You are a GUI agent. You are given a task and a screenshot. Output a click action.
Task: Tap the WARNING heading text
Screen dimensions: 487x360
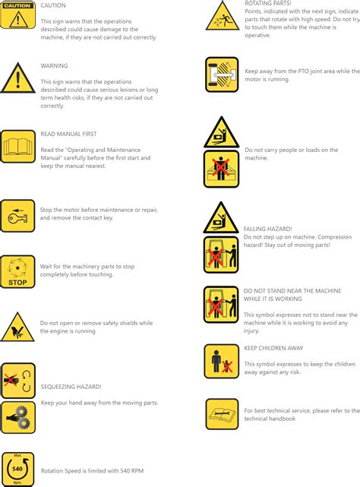tap(54, 66)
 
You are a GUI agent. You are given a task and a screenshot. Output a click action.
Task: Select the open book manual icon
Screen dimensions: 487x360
tap(17, 146)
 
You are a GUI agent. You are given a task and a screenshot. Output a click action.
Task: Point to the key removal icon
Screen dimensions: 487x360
tap(17, 216)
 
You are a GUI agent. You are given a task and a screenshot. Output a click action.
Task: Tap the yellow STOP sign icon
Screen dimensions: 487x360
tap(17, 272)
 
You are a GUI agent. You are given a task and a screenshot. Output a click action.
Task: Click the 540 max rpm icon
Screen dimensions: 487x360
tap(17, 469)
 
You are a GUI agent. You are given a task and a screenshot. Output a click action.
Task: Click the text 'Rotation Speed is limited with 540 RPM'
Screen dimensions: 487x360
tap(92, 471)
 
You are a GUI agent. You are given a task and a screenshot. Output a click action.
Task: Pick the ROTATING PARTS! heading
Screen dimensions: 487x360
tap(267, 4)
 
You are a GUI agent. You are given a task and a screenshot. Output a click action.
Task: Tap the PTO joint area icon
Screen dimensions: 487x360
tap(222, 74)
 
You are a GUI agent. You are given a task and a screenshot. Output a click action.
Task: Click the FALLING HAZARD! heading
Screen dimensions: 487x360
tap(267, 229)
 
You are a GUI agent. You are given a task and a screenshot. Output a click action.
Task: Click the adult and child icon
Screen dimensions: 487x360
tap(222, 361)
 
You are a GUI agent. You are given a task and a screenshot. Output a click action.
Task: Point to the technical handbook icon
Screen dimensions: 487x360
tap(222, 414)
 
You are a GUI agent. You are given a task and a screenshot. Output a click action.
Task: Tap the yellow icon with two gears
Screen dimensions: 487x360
tap(17, 417)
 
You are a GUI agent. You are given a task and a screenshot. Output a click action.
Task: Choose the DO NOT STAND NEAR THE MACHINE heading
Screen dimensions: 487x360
tap(292, 290)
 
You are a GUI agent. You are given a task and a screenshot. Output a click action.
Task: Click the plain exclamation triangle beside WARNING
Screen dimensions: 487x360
tap(17, 78)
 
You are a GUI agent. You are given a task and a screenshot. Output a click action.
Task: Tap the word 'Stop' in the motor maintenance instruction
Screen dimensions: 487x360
tap(46, 210)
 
